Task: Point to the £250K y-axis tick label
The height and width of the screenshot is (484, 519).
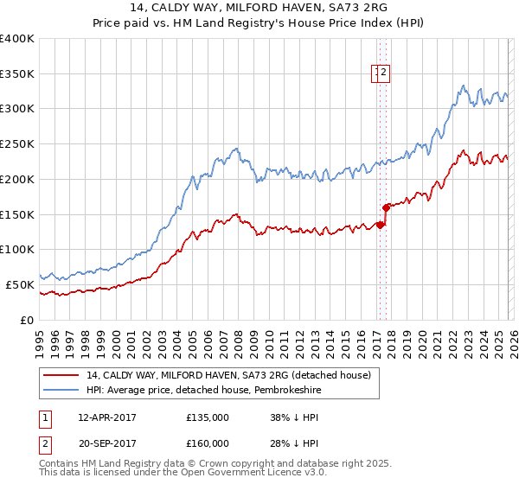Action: coord(17,144)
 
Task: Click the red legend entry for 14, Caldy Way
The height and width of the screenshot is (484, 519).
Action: coord(228,375)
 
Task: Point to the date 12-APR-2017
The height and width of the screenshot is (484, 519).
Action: coord(107,417)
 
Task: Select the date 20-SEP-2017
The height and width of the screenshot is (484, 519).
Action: coord(107,443)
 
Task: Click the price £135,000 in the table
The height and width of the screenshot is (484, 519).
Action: coord(207,417)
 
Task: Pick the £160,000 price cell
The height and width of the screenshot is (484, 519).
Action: coord(207,443)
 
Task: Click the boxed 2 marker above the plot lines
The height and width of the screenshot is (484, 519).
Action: coord(385,74)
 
